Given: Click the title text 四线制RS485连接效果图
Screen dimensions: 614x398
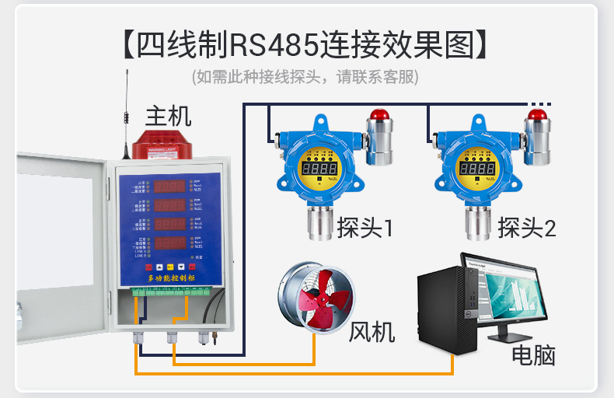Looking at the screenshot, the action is [306, 44].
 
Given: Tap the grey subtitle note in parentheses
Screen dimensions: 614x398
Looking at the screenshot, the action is [306, 77].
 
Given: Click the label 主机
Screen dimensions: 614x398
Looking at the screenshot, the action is [168, 117].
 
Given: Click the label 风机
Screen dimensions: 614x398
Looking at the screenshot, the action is [372, 332].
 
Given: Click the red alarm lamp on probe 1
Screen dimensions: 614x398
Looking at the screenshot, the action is [379, 116].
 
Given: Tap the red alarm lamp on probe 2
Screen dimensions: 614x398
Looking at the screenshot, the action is [538, 116].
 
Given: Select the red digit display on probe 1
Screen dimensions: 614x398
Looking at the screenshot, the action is [319, 167].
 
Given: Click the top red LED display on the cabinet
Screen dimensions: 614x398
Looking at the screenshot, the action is [168, 186].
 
